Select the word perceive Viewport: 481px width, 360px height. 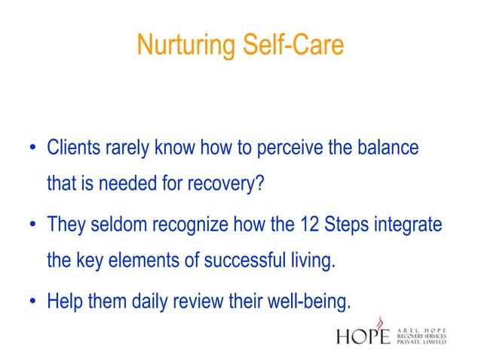click(x=285, y=148)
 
